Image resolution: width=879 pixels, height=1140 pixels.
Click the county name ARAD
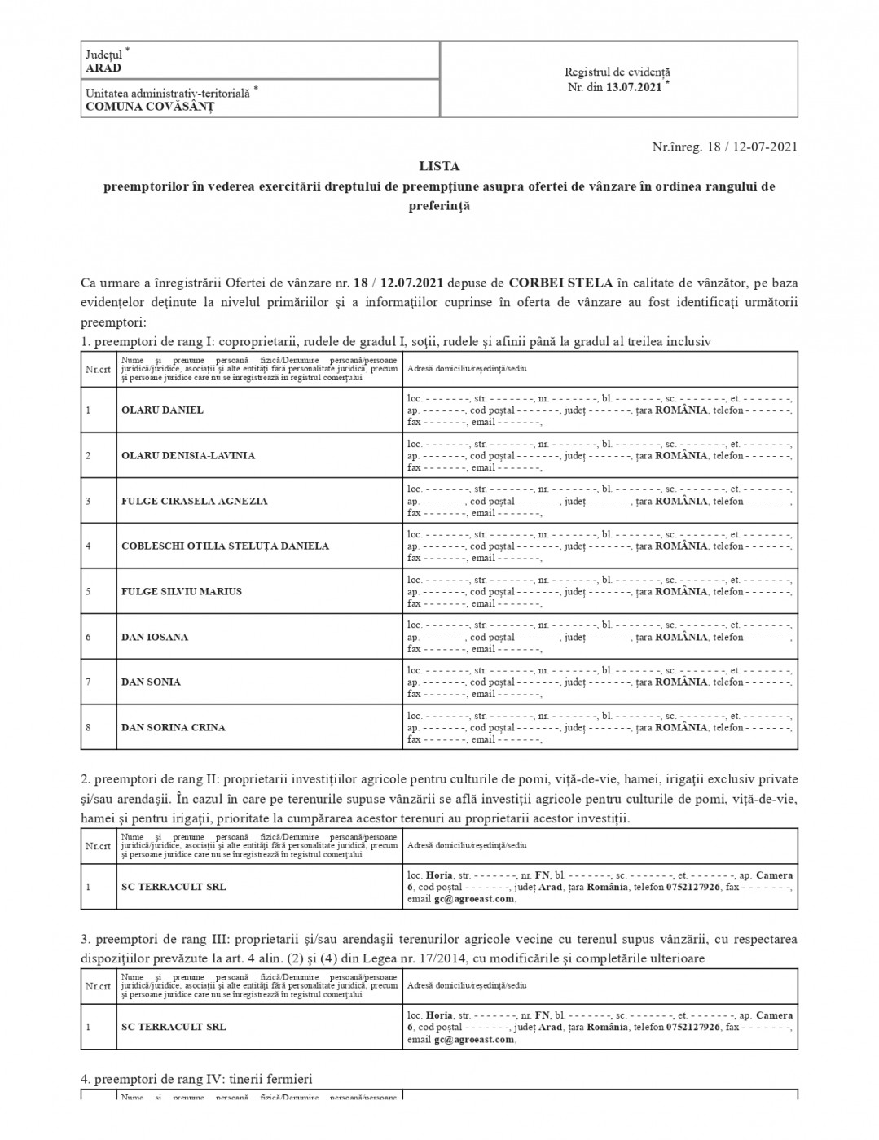(103, 68)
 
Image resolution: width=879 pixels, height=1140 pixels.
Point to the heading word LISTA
(439, 166)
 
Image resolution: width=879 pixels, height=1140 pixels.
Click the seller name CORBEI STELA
(560, 283)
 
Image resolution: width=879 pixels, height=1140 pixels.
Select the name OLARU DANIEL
(162, 410)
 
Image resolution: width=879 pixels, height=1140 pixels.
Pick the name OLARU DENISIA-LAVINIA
(188, 456)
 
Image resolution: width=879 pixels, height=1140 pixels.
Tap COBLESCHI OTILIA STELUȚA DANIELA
(225, 546)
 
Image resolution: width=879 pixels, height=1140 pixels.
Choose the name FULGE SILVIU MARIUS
(182, 592)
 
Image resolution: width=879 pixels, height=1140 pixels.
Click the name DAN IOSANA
(155, 638)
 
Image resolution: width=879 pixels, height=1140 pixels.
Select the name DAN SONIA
(151, 682)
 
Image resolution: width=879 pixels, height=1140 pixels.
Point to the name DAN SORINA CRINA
(173, 728)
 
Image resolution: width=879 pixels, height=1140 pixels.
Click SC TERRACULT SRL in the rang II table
(174, 887)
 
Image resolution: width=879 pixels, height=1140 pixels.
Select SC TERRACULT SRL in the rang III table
(174, 1028)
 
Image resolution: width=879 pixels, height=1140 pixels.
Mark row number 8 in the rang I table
(88, 728)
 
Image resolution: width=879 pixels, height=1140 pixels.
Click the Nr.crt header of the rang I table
(98, 369)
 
